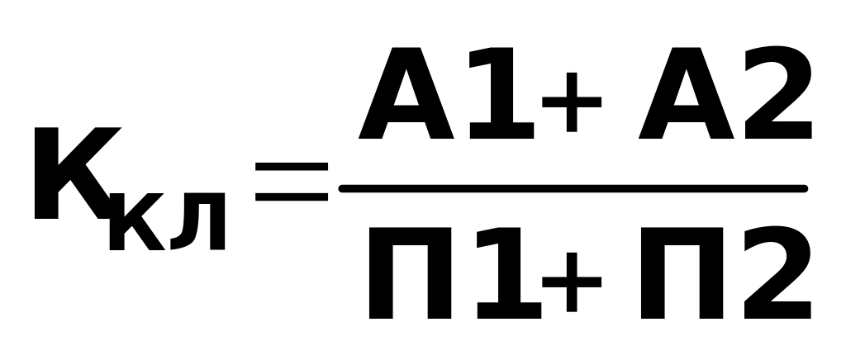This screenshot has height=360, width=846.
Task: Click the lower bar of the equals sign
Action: click(x=292, y=197)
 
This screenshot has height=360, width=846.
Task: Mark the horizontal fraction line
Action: click(x=573, y=189)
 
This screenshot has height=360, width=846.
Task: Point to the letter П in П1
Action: click(x=411, y=272)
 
